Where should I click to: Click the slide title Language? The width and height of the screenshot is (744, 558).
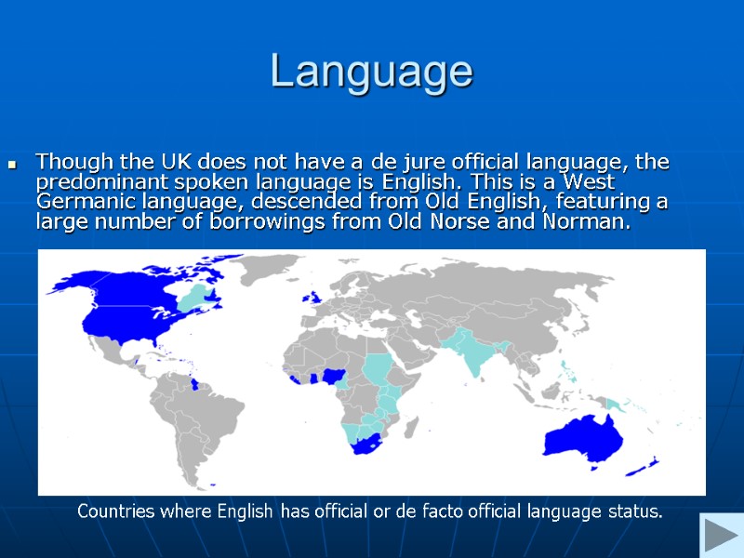click(371, 72)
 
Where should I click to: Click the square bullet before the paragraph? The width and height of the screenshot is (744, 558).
click(13, 166)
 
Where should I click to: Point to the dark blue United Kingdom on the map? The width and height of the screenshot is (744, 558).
click(316, 298)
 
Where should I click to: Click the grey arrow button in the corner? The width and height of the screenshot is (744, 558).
click(719, 538)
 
